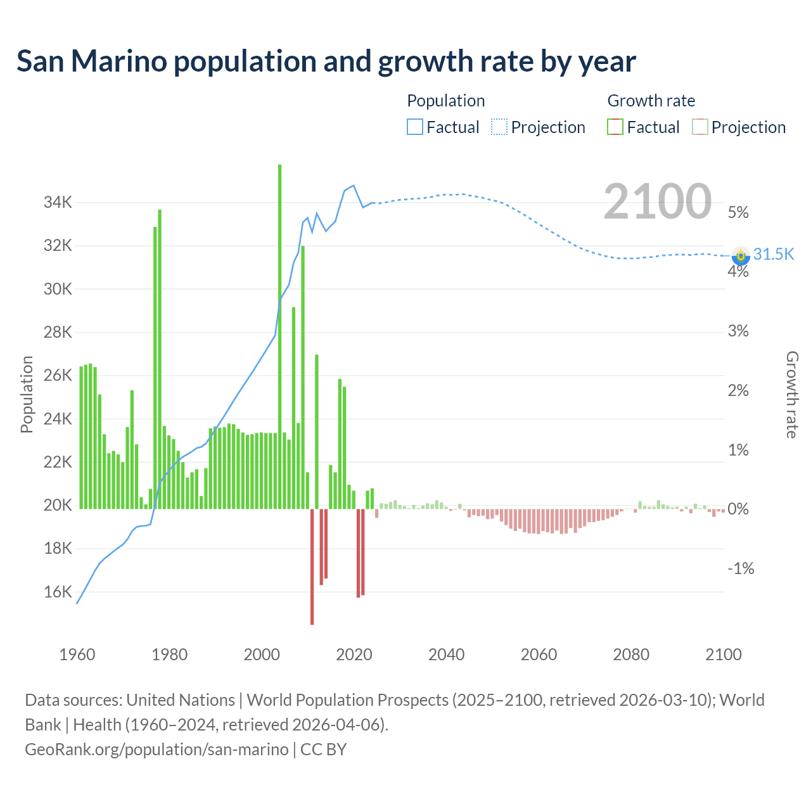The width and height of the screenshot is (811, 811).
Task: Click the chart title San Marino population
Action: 326,61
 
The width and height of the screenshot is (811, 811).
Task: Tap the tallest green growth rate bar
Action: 279,336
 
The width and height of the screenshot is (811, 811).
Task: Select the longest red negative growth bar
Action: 312,566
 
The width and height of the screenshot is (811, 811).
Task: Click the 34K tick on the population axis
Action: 58,203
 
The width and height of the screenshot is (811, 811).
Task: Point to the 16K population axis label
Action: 58,592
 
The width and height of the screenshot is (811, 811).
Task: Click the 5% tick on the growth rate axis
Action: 738,212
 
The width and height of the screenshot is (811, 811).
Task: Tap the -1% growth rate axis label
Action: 741,568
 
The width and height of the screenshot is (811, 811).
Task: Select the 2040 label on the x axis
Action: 446,655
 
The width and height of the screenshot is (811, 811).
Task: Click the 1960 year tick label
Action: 77,655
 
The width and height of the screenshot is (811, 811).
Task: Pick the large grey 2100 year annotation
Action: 658,201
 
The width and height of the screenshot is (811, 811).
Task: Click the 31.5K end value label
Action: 774,254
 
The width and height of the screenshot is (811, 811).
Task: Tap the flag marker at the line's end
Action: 740,255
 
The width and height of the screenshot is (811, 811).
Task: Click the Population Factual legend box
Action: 415,127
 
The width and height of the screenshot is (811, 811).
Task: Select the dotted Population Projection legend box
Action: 499,127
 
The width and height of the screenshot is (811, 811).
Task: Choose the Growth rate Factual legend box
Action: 615,127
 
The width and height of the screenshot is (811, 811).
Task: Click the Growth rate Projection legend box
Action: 699,127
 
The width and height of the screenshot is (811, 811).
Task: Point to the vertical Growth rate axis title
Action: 791,394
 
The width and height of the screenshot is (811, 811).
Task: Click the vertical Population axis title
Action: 27,394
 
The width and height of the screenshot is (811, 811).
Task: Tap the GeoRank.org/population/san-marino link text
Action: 156,750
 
